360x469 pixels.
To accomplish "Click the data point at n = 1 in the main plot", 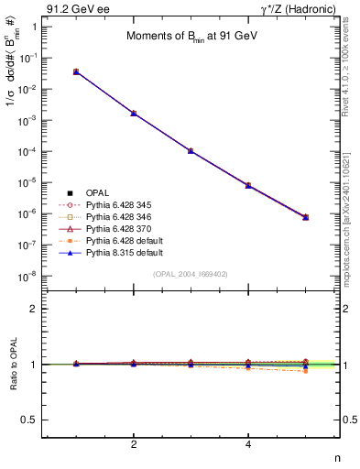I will click(76, 71).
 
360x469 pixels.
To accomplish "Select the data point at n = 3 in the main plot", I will click(191, 150).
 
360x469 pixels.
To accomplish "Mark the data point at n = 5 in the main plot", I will click(306, 217).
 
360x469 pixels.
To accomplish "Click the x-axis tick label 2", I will click(134, 445).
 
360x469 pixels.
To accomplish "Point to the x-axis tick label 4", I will click(249, 445).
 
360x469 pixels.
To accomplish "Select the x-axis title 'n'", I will click(337, 458).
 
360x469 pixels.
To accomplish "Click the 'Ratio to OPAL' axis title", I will click(11, 364).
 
